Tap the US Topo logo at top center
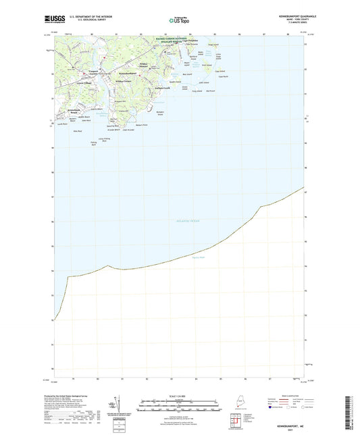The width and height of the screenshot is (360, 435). (179, 20)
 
